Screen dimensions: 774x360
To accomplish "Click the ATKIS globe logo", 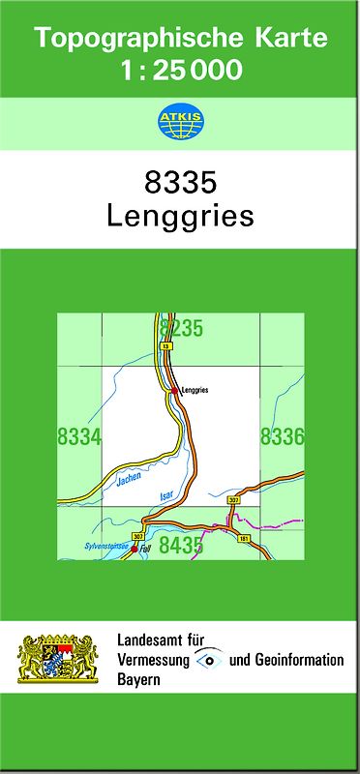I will [x=179, y=122].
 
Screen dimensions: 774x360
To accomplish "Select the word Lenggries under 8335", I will [x=180, y=215].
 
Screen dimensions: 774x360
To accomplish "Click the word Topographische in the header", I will [x=131, y=39].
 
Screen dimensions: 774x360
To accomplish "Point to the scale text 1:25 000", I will [x=180, y=70].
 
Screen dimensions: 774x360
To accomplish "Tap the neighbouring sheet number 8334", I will [x=79, y=437].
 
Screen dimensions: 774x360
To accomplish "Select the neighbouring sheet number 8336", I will [x=282, y=437].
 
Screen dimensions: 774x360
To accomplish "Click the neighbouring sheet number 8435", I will [x=181, y=546].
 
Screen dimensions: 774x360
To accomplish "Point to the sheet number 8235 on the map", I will [x=181, y=328].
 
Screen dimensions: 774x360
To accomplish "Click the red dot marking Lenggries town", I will [x=174, y=390].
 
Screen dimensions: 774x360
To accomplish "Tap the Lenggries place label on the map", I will [x=195, y=390].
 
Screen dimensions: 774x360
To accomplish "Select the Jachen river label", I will [x=128, y=477].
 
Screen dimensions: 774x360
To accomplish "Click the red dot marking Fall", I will [x=134, y=549].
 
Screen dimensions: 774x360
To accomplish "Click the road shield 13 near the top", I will [x=166, y=345].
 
